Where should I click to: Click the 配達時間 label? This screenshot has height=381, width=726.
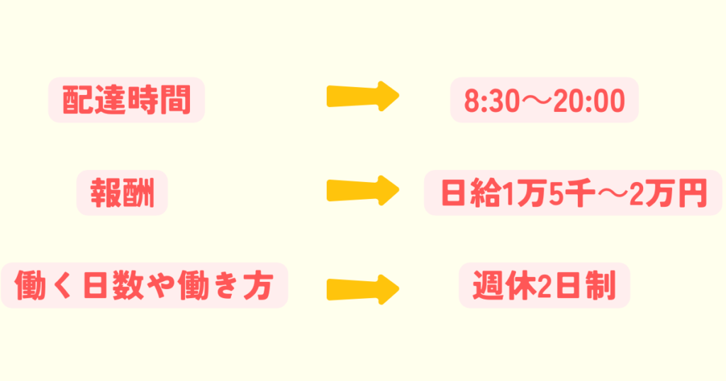pyautogui.click(x=126, y=100)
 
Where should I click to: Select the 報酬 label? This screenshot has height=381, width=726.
pyautogui.click(x=122, y=193)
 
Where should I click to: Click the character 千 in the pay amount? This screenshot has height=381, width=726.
pyautogui.click(x=581, y=193)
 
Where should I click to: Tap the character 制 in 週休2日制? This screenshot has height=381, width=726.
pyautogui.click(x=599, y=285)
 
